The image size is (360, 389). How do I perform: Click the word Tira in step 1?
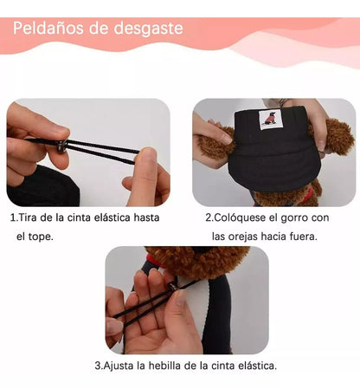click(30, 218)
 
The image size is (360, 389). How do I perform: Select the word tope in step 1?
click(51, 236)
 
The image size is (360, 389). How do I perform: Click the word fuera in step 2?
click(304, 236)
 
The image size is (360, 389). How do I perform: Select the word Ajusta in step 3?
click(122, 366)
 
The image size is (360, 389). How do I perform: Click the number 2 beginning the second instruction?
click(209, 218)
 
